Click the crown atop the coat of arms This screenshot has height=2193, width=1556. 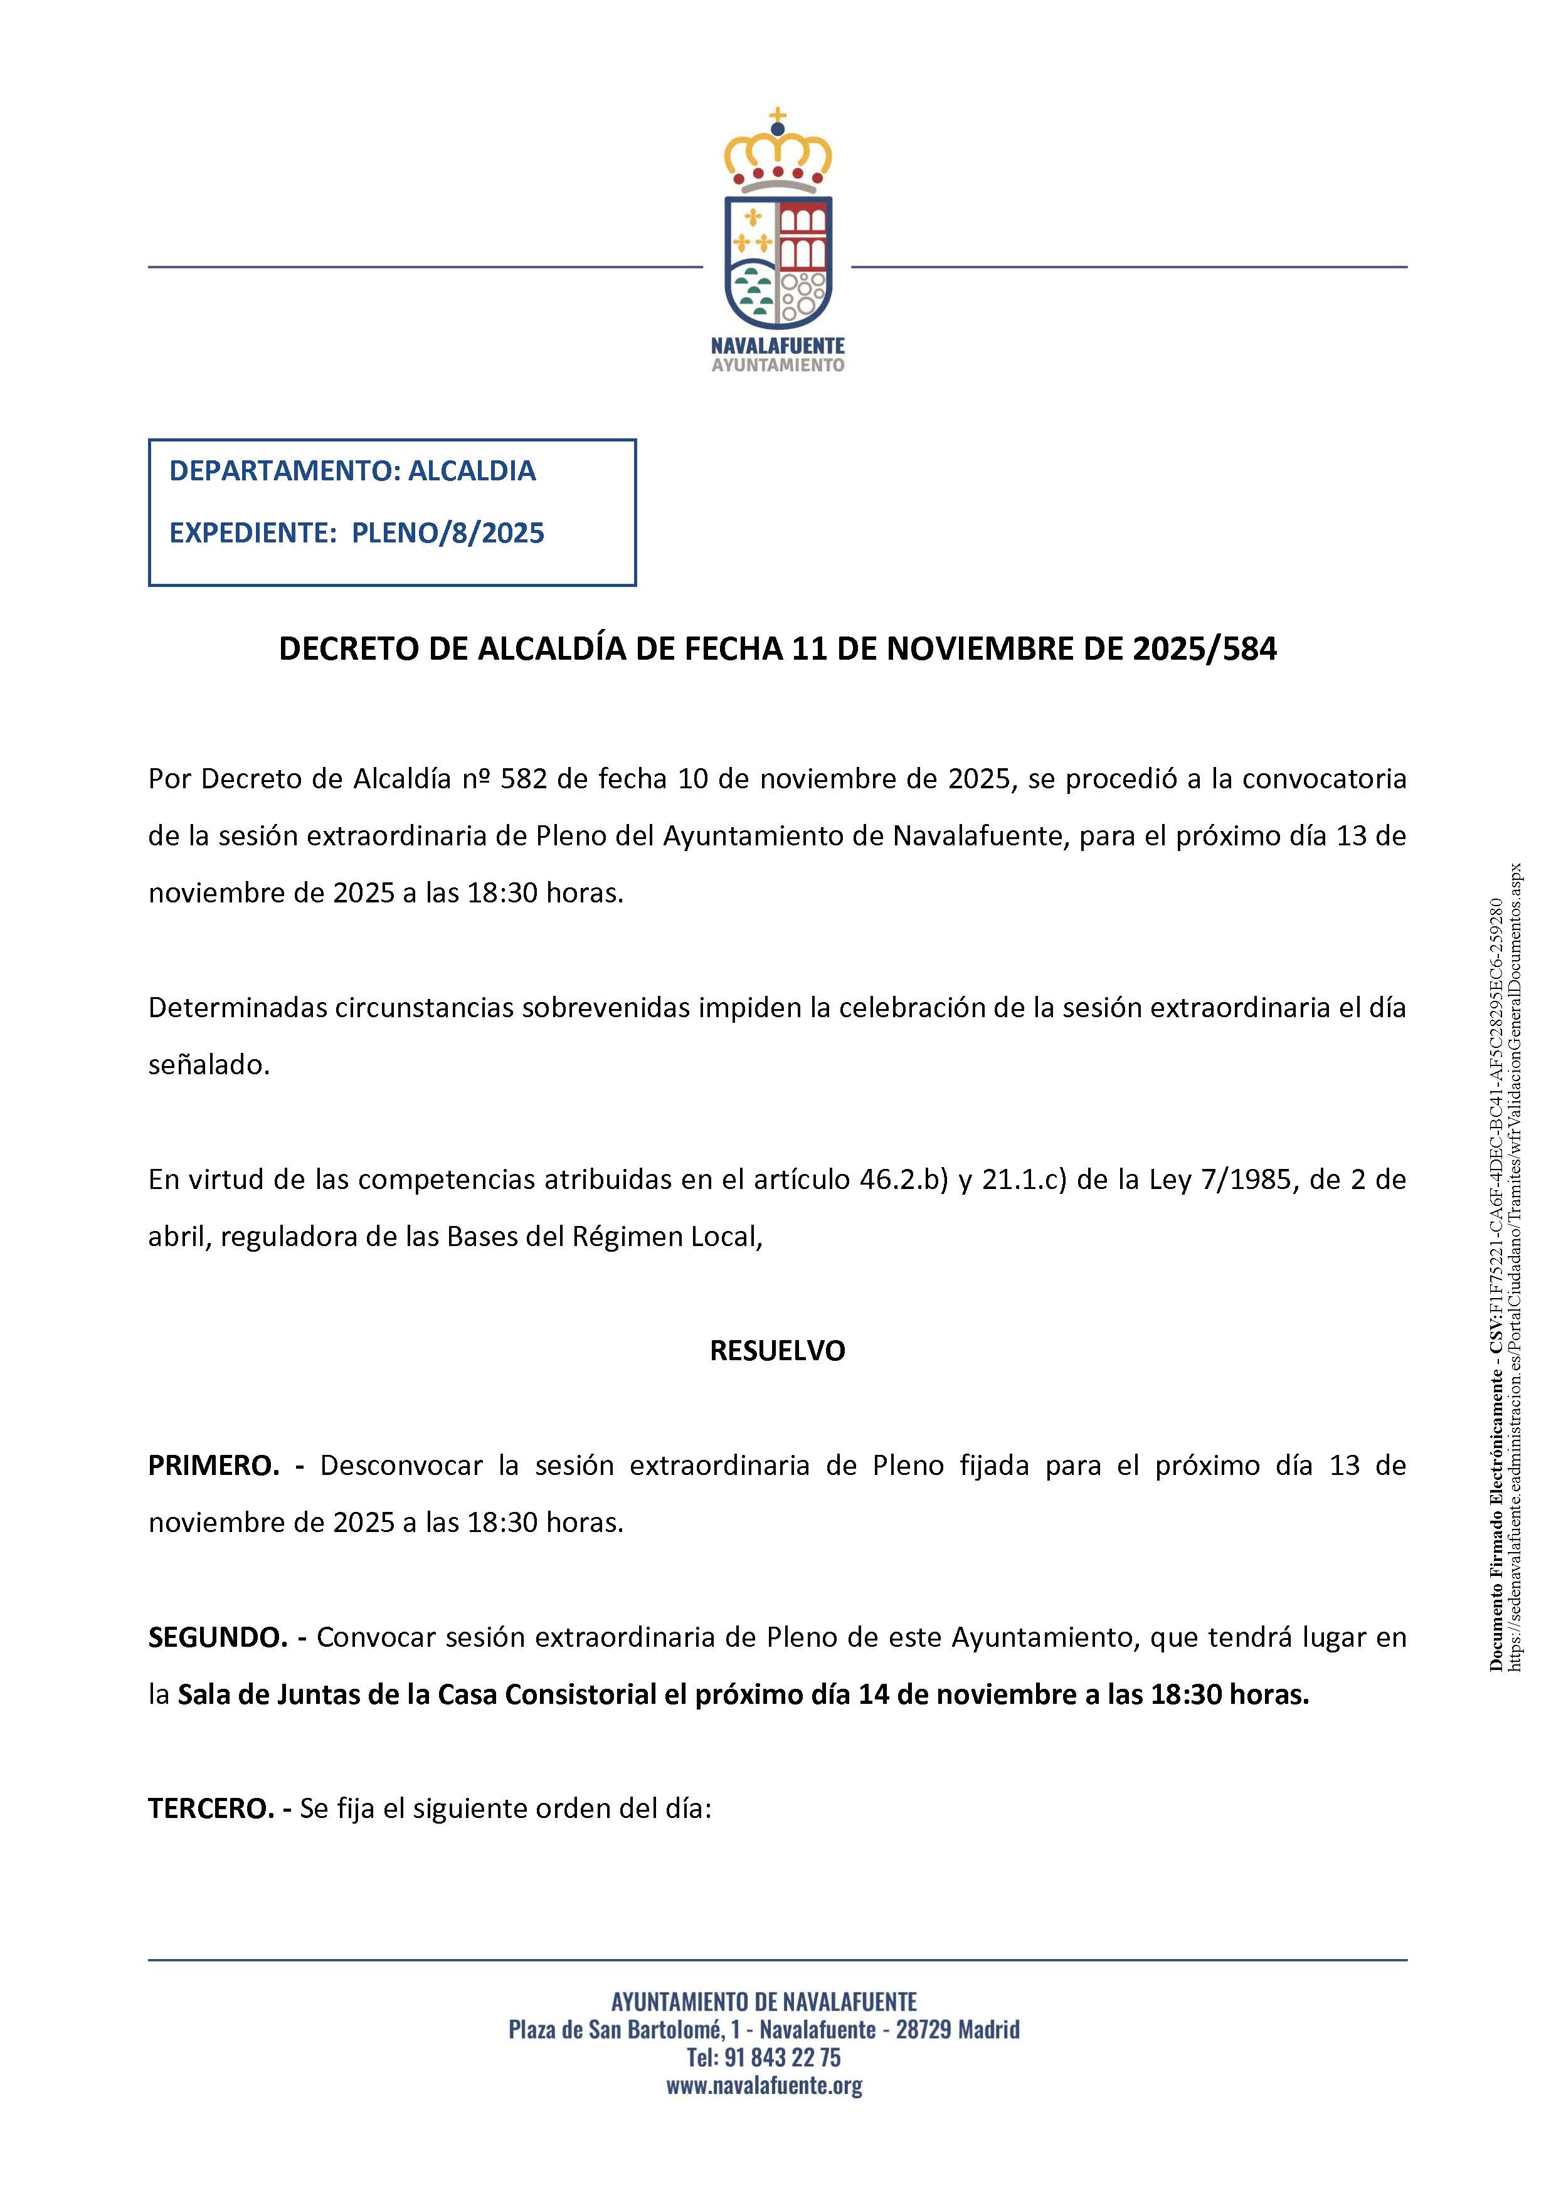(777, 153)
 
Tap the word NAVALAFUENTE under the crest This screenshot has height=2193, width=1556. (777, 346)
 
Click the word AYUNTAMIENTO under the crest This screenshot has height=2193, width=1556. (777, 365)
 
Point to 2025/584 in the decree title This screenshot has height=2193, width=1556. (1204, 650)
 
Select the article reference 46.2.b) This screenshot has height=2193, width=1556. (904, 1180)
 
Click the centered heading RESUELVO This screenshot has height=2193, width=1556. (777, 1351)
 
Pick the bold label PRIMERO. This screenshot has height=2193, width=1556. (213, 1466)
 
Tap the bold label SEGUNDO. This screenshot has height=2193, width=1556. (218, 1637)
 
